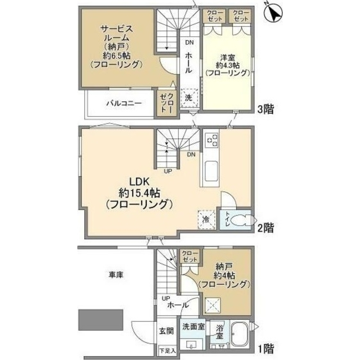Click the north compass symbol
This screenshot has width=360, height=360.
273,13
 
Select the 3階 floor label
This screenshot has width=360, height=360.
266,109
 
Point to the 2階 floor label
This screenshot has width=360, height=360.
266,228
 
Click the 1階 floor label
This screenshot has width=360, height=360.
266,349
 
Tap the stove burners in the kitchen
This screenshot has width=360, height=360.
211,140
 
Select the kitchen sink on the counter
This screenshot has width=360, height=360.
211,171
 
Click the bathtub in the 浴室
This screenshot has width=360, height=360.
239,335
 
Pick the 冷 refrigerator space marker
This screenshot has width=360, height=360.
206,220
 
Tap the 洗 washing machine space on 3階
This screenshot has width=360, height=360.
189,98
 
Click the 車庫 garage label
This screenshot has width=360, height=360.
116,274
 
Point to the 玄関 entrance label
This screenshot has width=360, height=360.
167,331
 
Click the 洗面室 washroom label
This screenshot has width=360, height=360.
193,327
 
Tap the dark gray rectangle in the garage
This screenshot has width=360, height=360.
101,320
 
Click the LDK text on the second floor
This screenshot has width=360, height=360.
140,182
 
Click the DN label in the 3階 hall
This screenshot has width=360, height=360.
190,42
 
